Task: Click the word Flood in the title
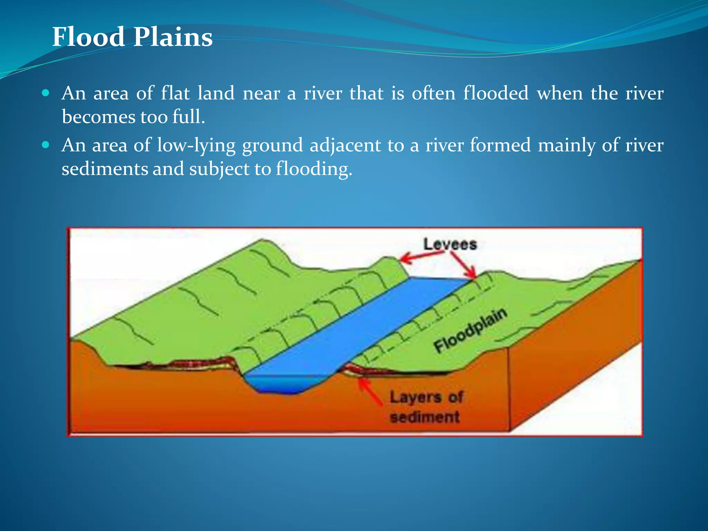click(88, 37)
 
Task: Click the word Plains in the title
click(173, 37)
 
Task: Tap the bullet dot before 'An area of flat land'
click(46, 93)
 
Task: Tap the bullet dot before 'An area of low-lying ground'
click(46, 145)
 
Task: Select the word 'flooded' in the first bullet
click(496, 93)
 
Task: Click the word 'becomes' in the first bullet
click(98, 117)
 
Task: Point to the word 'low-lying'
click(196, 145)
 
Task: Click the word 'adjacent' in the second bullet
click(345, 145)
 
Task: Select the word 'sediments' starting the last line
click(104, 169)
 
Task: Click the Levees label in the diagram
click(450, 244)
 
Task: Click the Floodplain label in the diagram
click(470, 330)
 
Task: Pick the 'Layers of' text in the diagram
click(426, 397)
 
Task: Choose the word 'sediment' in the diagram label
click(425, 417)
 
